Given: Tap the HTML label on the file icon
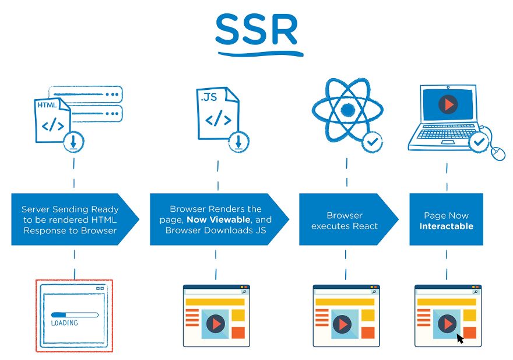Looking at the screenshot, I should coord(47,106).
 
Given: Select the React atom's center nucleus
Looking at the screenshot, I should coord(348,110).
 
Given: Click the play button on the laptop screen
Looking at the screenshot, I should coord(448,104).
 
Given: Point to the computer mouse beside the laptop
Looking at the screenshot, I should coord(498,153).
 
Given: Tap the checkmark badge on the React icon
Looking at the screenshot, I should coord(373,141).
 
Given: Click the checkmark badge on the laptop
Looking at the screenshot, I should coord(479,141).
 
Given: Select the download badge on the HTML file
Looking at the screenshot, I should coord(74,141).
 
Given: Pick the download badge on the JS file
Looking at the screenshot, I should coord(238,141).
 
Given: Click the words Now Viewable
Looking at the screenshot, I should coord(219,220).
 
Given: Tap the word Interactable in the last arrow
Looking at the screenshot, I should coord(447,226).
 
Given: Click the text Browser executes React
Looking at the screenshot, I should coord(345,221).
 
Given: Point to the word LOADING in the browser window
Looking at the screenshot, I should coord(64,323).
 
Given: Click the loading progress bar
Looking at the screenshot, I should coord(75,314).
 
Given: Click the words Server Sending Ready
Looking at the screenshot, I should coord(70,209).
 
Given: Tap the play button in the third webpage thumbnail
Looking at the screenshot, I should coord(342,323).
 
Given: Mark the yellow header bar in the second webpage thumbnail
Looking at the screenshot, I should coord(215,302).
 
